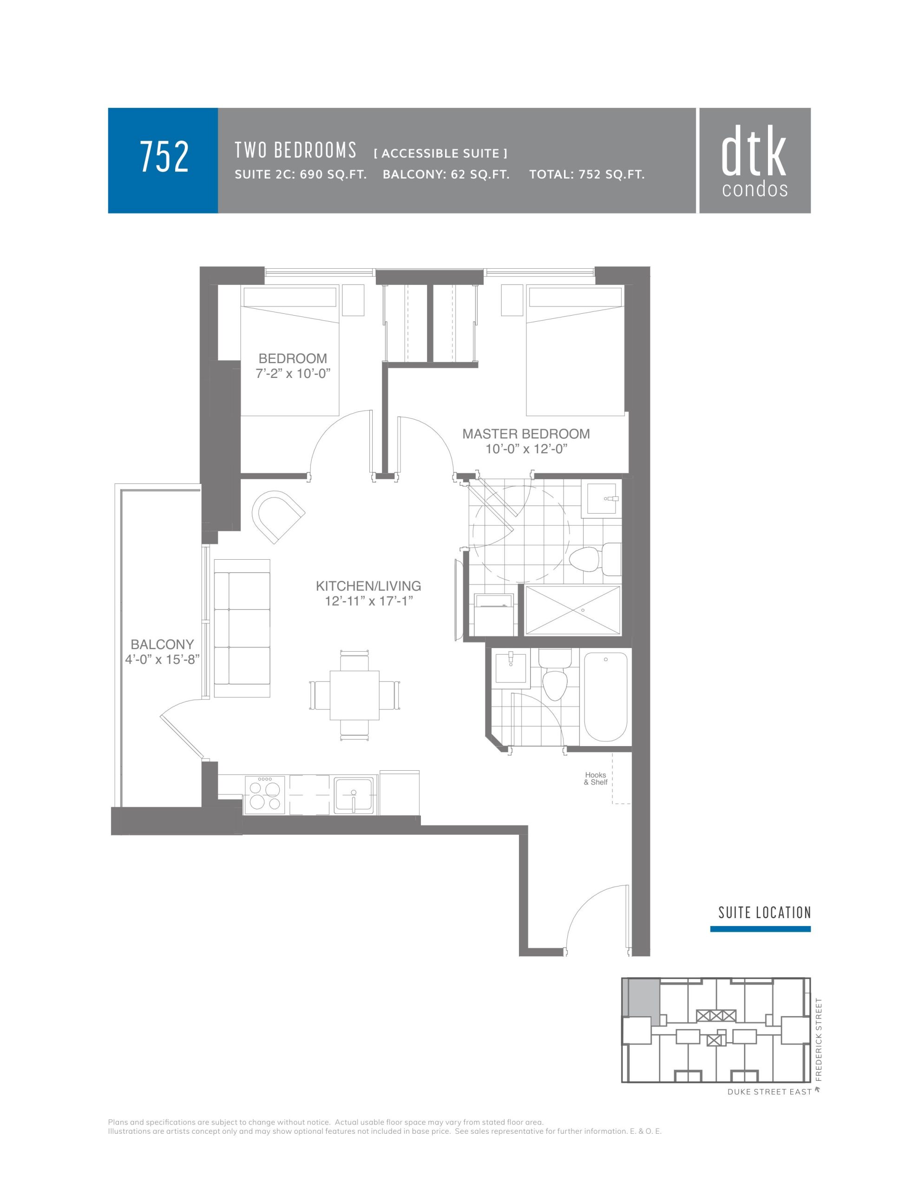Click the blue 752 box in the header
(x=163, y=160)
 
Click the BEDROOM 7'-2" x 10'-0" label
(x=293, y=366)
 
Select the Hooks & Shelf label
(x=596, y=778)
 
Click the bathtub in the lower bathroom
(x=605, y=696)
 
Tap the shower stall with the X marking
(x=572, y=610)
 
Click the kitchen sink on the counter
(x=354, y=794)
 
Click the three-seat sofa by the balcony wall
(x=243, y=628)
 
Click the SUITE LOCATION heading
(x=764, y=912)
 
